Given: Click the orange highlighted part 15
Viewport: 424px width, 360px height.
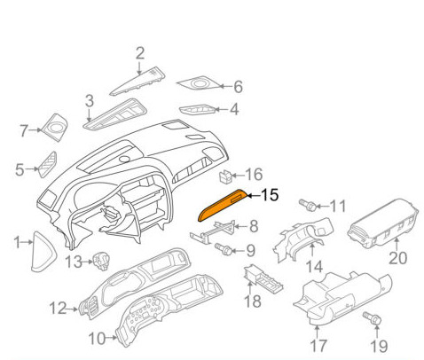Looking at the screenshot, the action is click(x=222, y=205).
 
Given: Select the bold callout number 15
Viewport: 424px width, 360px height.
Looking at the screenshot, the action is click(x=269, y=195).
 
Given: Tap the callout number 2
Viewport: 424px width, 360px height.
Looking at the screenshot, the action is click(x=140, y=53).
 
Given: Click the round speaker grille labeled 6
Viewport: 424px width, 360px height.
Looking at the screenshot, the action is click(x=199, y=83).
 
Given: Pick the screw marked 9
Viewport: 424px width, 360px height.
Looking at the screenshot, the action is click(x=224, y=250).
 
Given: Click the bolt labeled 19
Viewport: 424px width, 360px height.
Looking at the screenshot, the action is click(x=373, y=318).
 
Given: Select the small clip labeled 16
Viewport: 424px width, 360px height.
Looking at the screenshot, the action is click(x=225, y=176).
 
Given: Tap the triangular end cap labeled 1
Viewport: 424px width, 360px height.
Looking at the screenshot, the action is click(x=43, y=251).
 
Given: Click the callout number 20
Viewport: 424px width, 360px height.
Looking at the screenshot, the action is click(x=397, y=258).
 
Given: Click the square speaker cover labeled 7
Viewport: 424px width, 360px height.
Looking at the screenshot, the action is click(x=55, y=127).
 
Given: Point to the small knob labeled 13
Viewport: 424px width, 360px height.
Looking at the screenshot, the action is click(x=101, y=261).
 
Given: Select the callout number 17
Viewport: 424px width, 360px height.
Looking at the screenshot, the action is click(x=318, y=346).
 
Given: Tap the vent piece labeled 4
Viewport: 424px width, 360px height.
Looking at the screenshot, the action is click(x=198, y=110).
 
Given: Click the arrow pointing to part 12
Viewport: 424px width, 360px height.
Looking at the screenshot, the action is click(x=73, y=309).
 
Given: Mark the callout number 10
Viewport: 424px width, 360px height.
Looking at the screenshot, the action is click(x=97, y=339).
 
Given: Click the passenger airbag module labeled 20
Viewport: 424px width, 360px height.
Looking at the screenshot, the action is click(x=383, y=228).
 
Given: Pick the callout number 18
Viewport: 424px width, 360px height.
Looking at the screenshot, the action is click(x=252, y=301).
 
